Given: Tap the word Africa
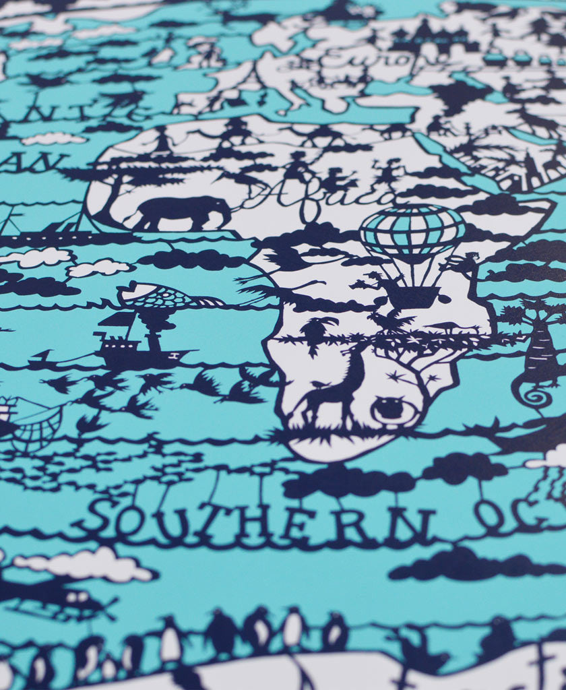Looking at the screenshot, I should coord(317,196).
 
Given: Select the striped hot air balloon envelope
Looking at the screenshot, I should coord(412,232).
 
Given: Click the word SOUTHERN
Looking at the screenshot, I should coord(263,522).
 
